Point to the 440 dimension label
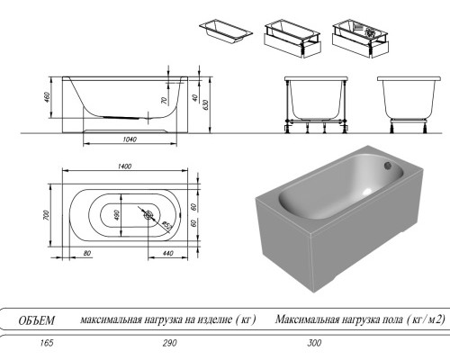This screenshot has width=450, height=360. click(x=166, y=253)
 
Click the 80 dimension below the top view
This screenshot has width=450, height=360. click(x=87, y=253)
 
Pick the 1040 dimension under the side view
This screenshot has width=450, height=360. click(x=129, y=140)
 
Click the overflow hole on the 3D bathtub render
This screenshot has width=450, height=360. click(x=388, y=165)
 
